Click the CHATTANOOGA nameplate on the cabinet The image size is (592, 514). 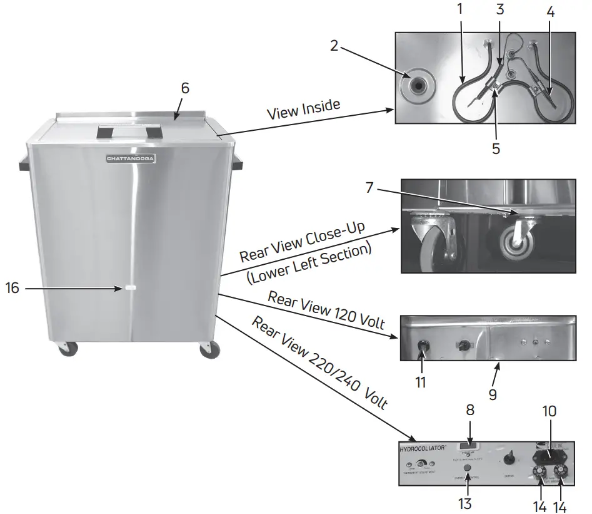click(x=131, y=159)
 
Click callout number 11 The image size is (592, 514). click(x=421, y=381)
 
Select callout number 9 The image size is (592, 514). click(x=493, y=394)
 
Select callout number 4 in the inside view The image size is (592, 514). click(x=549, y=12)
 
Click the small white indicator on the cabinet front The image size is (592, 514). click(x=130, y=288)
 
